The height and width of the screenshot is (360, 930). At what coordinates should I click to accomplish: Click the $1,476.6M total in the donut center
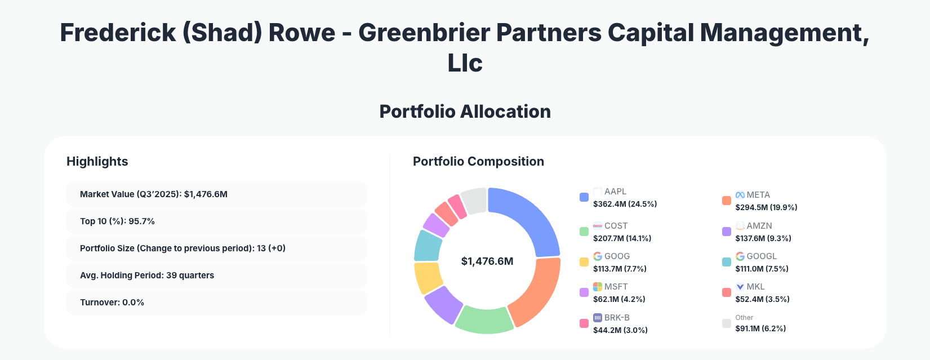[487, 261]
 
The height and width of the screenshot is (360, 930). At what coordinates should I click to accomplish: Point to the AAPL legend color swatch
[584, 197]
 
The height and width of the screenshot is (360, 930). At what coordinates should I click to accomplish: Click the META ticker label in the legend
[758, 195]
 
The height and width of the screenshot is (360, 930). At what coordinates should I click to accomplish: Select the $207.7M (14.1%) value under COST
[622, 238]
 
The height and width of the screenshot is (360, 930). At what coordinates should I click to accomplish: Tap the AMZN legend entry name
[759, 226]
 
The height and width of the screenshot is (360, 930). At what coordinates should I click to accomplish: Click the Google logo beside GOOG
[598, 256]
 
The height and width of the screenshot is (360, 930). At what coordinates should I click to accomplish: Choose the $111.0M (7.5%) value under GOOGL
[762, 269]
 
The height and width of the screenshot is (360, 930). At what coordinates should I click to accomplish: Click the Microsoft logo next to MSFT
[598, 287]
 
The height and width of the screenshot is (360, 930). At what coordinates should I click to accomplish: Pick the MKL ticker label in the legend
[755, 287]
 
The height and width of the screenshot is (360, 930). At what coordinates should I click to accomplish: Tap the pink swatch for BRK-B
[584, 323]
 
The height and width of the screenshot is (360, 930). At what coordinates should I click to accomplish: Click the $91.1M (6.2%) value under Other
[760, 328]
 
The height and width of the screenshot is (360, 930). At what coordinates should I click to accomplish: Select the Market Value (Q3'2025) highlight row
[216, 194]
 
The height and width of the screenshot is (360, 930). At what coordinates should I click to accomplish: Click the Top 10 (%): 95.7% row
[216, 221]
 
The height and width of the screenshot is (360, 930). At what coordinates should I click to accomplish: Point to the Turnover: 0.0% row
[216, 303]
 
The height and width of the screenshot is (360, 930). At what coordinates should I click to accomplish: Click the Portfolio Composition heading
[478, 162]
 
